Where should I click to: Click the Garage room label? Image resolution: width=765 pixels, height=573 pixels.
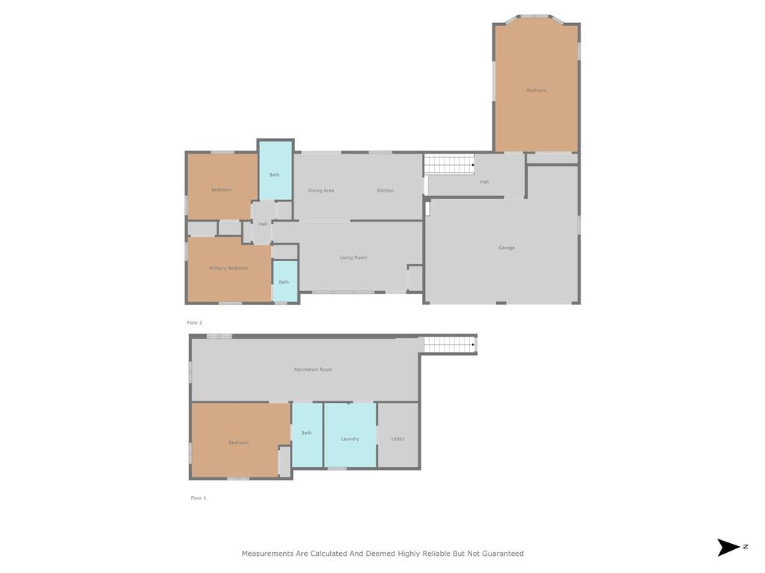point(507,248)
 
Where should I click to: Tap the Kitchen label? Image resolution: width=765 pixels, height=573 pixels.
point(385,190)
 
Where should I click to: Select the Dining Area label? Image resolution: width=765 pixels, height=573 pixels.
point(321,190)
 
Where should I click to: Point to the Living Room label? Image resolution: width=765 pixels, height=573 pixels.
point(353,257)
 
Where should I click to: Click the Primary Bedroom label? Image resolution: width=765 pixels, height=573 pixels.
point(229,268)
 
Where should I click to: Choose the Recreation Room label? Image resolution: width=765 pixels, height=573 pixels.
point(313,369)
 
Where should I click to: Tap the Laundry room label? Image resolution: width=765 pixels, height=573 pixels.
point(350,439)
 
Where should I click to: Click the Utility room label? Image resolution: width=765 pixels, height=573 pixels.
point(397,439)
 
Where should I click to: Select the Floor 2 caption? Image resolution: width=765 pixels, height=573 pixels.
point(194,322)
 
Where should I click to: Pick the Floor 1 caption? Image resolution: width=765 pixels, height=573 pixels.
point(199,498)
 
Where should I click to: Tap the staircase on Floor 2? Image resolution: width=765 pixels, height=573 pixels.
point(449,165)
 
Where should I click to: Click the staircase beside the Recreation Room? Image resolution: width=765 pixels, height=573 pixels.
point(449,345)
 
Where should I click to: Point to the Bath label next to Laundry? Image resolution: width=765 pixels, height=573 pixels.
point(306,433)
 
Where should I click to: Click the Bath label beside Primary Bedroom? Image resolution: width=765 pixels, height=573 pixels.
point(283,282)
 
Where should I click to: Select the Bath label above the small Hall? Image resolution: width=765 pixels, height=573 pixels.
point(274,175)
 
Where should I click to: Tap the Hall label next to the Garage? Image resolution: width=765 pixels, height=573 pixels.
point(484,182)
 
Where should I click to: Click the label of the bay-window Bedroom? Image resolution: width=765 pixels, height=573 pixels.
point(536,90)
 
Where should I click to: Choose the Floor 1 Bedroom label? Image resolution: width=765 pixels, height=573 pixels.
point(238,442)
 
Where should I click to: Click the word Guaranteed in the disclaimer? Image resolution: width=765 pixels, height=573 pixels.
point(503,554)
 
